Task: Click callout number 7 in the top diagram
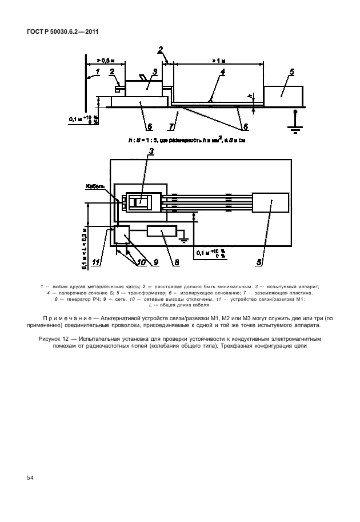click(x=170, y=125)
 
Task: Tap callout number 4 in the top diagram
click(x=223, y=72)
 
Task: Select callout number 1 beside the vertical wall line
click(x=98, y=72)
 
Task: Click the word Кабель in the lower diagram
click(x=95, y=186)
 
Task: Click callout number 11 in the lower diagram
click(x=98, y=262)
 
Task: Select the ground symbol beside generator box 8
click(x=185, y=238)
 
